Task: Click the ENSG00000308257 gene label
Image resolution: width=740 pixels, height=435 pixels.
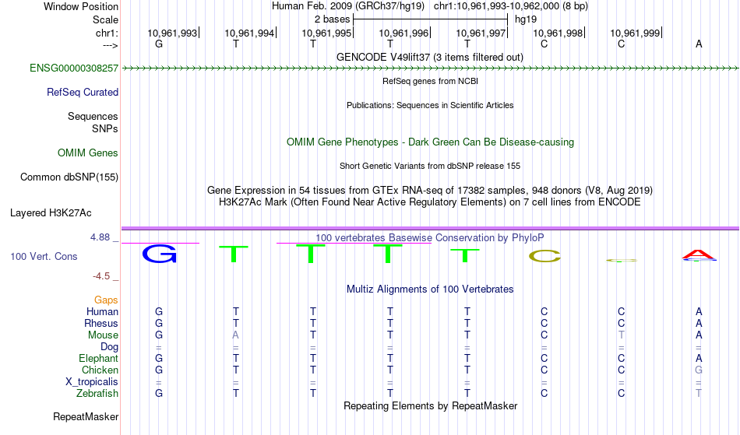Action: click(x=74, y=68)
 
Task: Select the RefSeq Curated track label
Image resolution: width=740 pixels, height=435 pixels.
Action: click(x=82, y=92)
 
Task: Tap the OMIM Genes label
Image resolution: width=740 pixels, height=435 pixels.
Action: click(x=87, y=153)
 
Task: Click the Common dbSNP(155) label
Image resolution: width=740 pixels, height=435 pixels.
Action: click(x=69, y=177)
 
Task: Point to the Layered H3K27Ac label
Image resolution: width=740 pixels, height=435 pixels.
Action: click(x=51, y=212)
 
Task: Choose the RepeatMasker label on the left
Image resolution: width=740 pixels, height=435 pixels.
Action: click(x=86, y=416)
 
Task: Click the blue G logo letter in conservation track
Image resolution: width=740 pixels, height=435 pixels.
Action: click(x=160, y=254)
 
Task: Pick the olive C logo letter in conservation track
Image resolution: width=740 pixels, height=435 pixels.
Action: click(x=544, y=256)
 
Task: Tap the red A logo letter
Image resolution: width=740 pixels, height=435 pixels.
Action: click(x=699, y=254)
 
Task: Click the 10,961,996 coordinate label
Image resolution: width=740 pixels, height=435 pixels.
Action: click(x=403, y=33)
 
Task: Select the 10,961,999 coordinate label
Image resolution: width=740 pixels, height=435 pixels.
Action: click(x=635, y=33)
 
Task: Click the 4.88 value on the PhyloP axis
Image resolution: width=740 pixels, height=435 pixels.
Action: click(x=100, y=237)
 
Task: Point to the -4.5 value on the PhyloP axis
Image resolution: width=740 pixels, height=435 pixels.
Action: click(x=101, y=275)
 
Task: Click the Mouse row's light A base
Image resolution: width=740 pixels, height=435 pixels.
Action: click(x=235, y=335)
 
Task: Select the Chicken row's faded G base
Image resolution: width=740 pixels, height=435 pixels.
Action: click(x=699, y=370)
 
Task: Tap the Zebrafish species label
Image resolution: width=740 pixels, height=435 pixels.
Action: click(x=97, y=393)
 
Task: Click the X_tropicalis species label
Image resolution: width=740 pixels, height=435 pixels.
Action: click(x=92, y=382)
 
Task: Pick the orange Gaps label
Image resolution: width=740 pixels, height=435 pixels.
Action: click(x=106, y=300)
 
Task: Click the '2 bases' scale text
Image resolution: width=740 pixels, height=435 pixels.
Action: click(x=333, y=19)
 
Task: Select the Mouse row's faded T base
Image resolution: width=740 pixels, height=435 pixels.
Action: click(x=621, y=335)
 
